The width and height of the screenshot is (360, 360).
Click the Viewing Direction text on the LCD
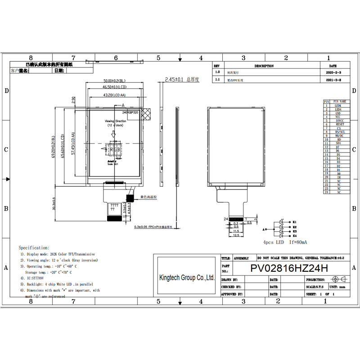[116, 121]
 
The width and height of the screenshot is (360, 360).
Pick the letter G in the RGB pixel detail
[114, 150]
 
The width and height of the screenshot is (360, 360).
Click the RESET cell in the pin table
[340, 124]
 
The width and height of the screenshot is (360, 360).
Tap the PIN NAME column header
[340, 102]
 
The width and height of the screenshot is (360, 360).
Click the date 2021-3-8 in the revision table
[333, 79]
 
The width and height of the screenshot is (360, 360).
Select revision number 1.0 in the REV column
[218, 72]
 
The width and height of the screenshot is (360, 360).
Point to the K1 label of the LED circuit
[295, 222]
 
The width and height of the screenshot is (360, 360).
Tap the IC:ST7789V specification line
[36, 279]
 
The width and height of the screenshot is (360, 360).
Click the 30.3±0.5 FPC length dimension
[54, 205]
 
